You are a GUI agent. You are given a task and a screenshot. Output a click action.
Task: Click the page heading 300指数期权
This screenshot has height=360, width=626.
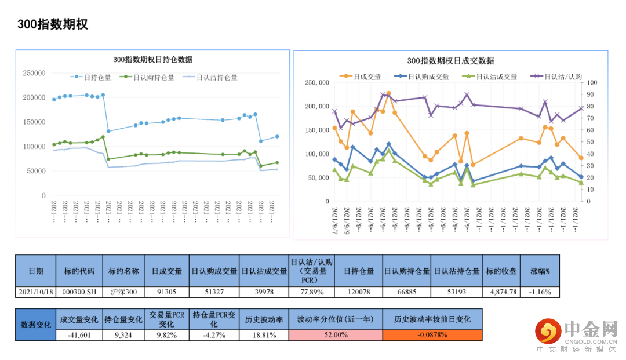(x=52, y=24)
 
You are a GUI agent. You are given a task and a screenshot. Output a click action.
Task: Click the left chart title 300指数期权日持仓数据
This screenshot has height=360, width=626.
(x=152, y=60)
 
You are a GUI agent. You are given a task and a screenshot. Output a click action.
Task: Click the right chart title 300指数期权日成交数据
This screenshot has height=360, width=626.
(x=450, y=60)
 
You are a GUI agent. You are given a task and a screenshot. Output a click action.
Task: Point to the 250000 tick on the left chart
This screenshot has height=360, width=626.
(x=34, y=73)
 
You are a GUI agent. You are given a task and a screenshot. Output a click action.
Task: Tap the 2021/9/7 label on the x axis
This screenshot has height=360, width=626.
(x=335, y=216)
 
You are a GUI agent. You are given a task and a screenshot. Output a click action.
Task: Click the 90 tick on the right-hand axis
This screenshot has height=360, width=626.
(x=591, y=83)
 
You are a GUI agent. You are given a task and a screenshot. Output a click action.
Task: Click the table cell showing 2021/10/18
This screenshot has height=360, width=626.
(x=35, y=292)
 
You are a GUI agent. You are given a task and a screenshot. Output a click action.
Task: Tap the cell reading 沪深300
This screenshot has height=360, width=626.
(x=123, y=292)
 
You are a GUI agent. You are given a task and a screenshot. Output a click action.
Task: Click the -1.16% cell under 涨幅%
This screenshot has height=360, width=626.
(x=540, y=292)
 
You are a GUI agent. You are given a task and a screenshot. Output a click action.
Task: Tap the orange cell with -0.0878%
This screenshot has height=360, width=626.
(x=432, y=335)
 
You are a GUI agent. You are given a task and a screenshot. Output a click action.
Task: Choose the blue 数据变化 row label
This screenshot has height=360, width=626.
(x=35, y=325)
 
